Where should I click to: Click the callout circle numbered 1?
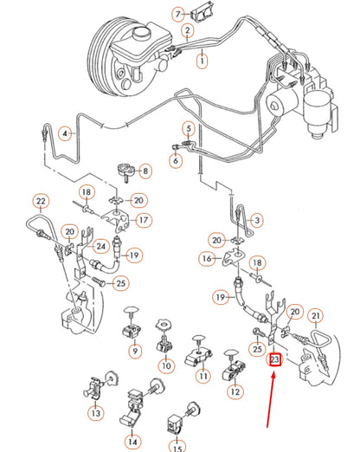pos(202,61)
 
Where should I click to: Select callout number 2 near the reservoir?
pos(186,31)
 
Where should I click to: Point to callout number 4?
pos(63,133)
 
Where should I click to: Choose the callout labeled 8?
pos(145,171)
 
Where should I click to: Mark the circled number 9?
pos(135,352)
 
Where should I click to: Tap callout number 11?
pos(202,376)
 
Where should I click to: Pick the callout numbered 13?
pos(95,414)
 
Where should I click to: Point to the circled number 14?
pos(132,442)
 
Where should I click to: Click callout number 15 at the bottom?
pos(177,448)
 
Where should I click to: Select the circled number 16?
pos(206,258)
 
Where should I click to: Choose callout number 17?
pos(144,220)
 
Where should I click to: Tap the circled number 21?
pos(315,315)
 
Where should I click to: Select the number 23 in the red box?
pos(274,359)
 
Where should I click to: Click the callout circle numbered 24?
pos(103,246)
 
